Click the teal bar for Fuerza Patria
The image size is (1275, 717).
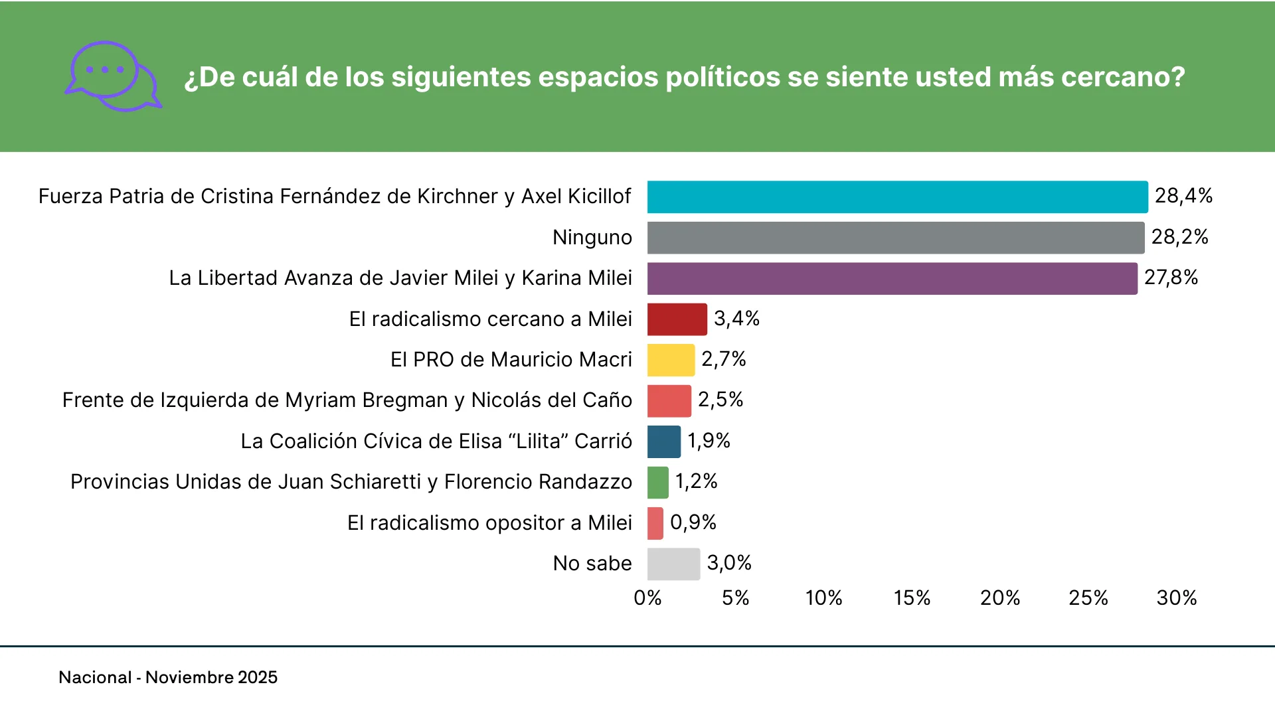click(x=897, y=197)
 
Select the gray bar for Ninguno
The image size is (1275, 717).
click(x=895, y=238)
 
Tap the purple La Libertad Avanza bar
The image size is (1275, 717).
click(x=892, y=279)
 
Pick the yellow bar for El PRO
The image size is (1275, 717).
click(x=671, y=360)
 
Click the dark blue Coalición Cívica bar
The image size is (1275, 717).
click(x=664, y=441)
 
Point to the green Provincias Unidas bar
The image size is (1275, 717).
click(x=658, y=483)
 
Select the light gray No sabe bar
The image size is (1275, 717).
click(x=673, y=564)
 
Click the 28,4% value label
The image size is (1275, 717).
click(x=1183, y=196)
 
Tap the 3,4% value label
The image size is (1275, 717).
click(x=736, y=319)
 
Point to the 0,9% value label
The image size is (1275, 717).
click(x=693, y=522)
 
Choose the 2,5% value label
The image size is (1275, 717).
click(x=721, y=400)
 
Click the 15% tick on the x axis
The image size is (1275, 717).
click(x=912, y=598)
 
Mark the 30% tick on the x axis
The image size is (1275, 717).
click(x=1176, y=598)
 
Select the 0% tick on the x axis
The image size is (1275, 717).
click(x=647, y=598)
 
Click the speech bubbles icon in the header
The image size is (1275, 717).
click(x=113, y=76)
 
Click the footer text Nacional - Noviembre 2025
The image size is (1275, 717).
click(x=168, y=677)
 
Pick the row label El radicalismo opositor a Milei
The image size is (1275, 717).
click(x=489, y=523)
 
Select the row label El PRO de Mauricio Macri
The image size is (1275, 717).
click(x=511, y=360)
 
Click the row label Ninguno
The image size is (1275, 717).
click(x=592, y=238)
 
